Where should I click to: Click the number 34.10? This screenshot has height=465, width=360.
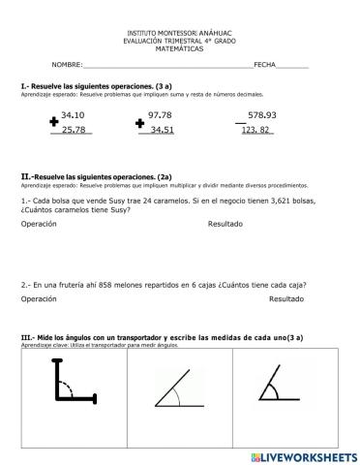(x=73, y=114)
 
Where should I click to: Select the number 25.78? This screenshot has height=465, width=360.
(x=73, y=129)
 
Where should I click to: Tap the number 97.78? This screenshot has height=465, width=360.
(x=161, y=114)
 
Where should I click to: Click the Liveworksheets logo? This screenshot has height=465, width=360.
(x=302, y=455)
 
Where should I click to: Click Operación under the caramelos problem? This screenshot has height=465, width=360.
(x=39, y=224)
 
